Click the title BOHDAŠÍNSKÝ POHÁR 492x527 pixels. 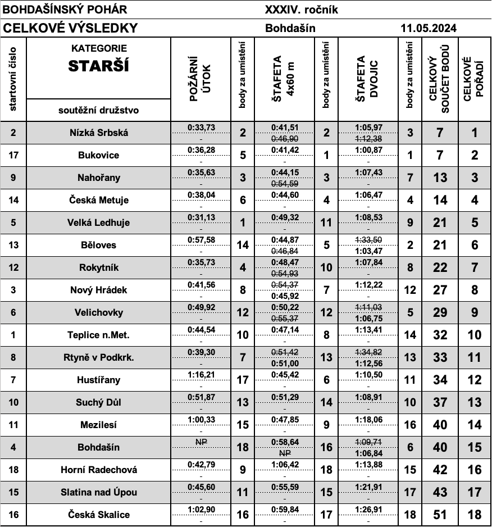pyautogui.click(x=65, y=10)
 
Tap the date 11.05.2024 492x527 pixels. pyautogui.click(x=428, y=28)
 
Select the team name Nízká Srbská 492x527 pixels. pyautogui.click(x=99, y=133)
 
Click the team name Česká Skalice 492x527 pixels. pyautogui.click(x=99, y=515)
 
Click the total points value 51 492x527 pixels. pyautogui.click(x=440, y=515)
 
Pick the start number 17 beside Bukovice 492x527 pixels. pyautogui.click(x=13, y=156)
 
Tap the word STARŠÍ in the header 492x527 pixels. pyautogui.click(x=99, y=66)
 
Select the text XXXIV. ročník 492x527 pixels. pyautogui.click(x=301, y=10)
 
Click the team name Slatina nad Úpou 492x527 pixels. pyautogui.click(x=99, y=493)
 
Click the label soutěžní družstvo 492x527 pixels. pyautogui.click(x=99, y=110)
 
